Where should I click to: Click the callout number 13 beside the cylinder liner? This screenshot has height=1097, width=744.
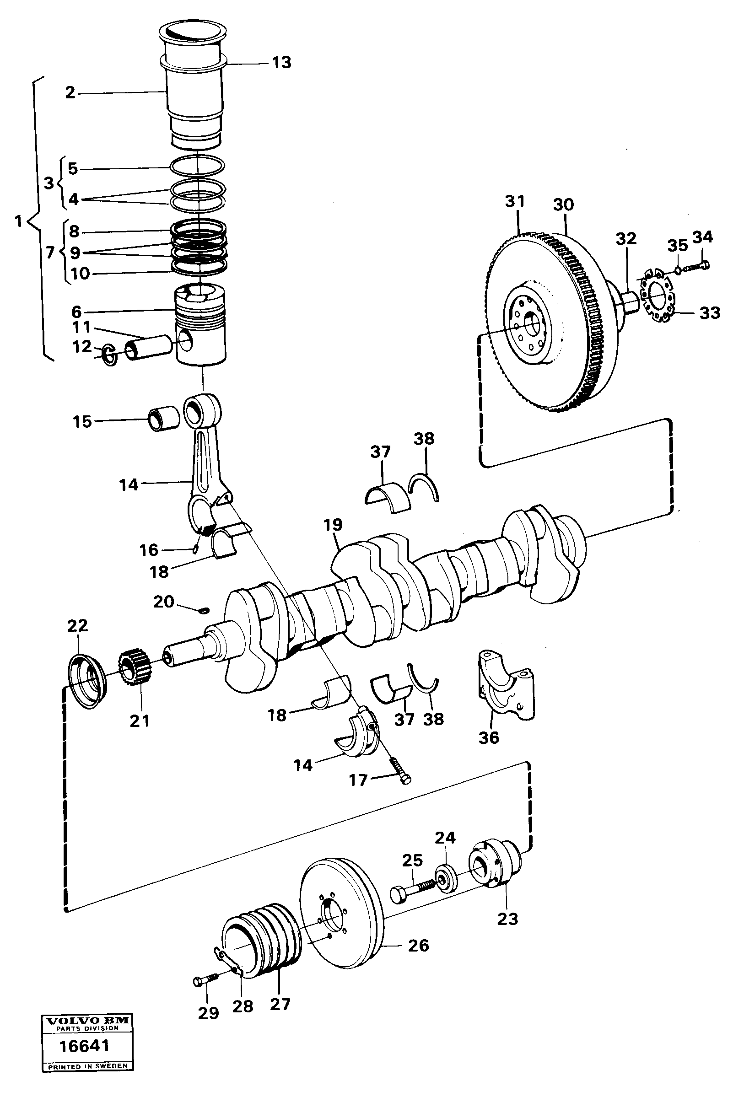tap(281, 63)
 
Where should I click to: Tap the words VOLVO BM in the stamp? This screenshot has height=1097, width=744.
tap(87, 1020)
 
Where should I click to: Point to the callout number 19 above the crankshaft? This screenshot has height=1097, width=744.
tap(333, 524)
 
